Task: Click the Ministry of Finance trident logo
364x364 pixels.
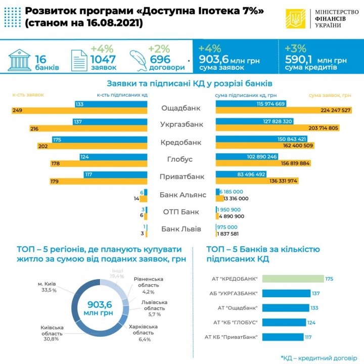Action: click(294, 20)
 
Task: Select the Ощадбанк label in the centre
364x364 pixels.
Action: click(180, 108)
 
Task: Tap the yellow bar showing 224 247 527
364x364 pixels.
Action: click(284, 111)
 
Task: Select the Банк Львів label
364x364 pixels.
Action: click(181, 229)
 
